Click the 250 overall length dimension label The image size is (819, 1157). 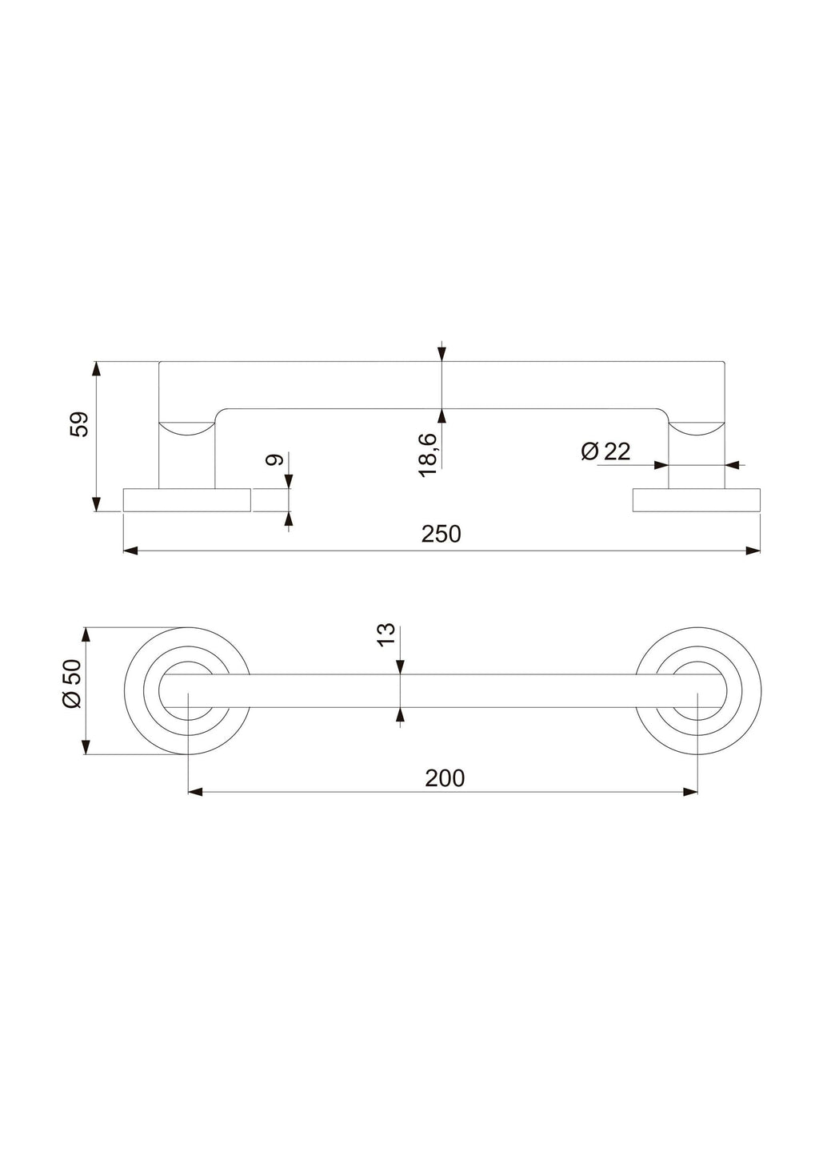click(441, 534)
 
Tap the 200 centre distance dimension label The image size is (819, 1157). click(445, 778)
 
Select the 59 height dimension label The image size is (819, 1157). click(79, 424)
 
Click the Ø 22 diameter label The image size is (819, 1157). click(605, 451)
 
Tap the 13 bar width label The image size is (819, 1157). click(386, 634)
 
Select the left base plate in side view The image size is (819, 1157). click(187, 500)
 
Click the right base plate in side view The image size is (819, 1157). click(696, 500)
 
